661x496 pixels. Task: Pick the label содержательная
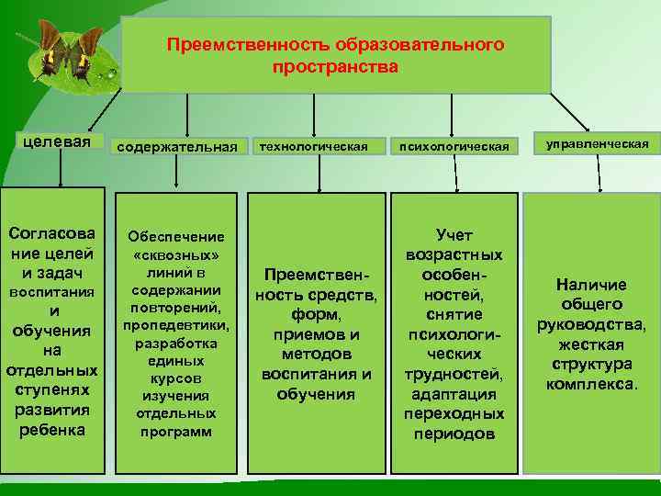tap(177, 146)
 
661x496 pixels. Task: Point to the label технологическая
tap(313, 145)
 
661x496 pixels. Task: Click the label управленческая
tap(597, 144)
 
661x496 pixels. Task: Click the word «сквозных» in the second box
tap(176, 254)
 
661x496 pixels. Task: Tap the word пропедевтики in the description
tap(176, 325)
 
